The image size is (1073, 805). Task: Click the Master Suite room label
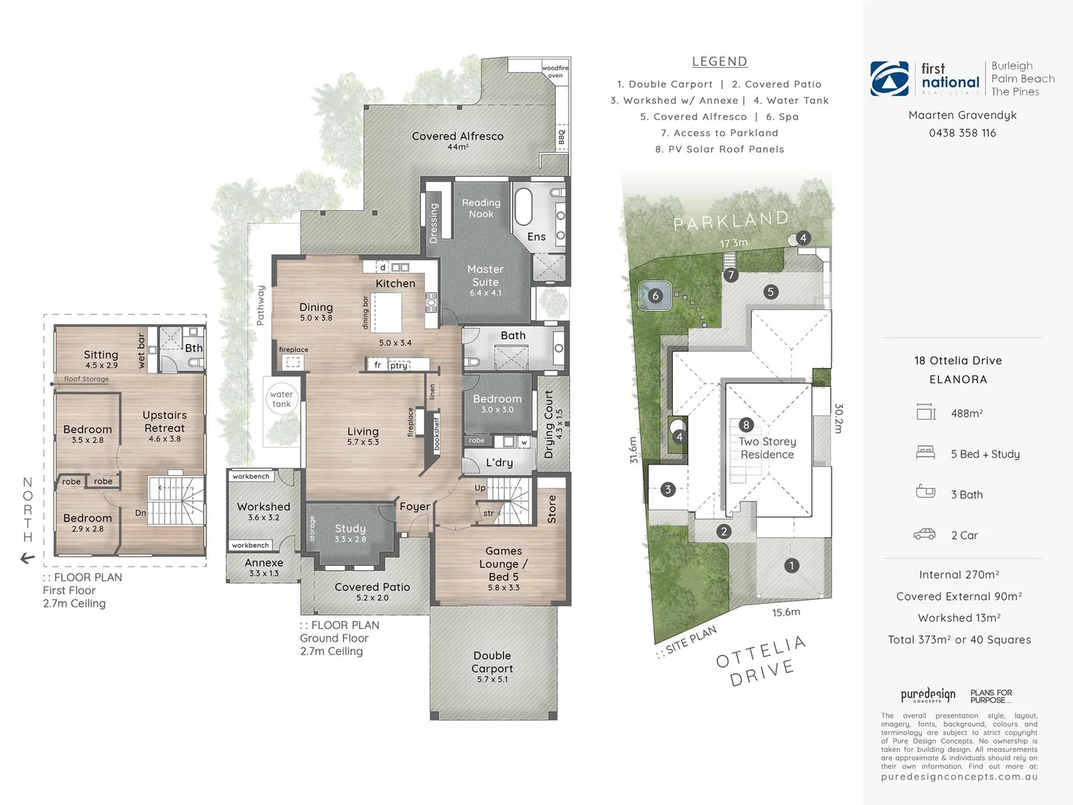pos(485,276)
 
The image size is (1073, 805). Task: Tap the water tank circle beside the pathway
pos(282,399)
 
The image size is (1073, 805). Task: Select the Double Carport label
pos(492,663)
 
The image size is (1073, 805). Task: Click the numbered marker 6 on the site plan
pos(656,296)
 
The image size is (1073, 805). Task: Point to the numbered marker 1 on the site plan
pos(791,566)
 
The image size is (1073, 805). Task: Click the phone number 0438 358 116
pos(962,133)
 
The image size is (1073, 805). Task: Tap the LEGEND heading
pos(719,62)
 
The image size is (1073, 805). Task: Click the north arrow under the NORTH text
pos(28,558)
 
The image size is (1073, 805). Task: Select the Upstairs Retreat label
pos(165,422)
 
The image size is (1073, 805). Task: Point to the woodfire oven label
pos(555,72)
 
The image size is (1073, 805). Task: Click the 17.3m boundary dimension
pos(733,243)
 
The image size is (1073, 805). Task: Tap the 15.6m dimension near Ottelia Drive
pos(786,612)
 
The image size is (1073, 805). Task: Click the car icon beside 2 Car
pos(925,534)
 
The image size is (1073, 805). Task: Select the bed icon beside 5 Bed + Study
pos(925,452)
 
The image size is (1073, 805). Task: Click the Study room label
pos(350,528)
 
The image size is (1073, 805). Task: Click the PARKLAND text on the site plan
pos(730,221)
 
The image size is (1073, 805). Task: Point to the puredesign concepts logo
pos(928,695)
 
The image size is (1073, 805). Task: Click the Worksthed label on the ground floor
pos(264,507)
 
